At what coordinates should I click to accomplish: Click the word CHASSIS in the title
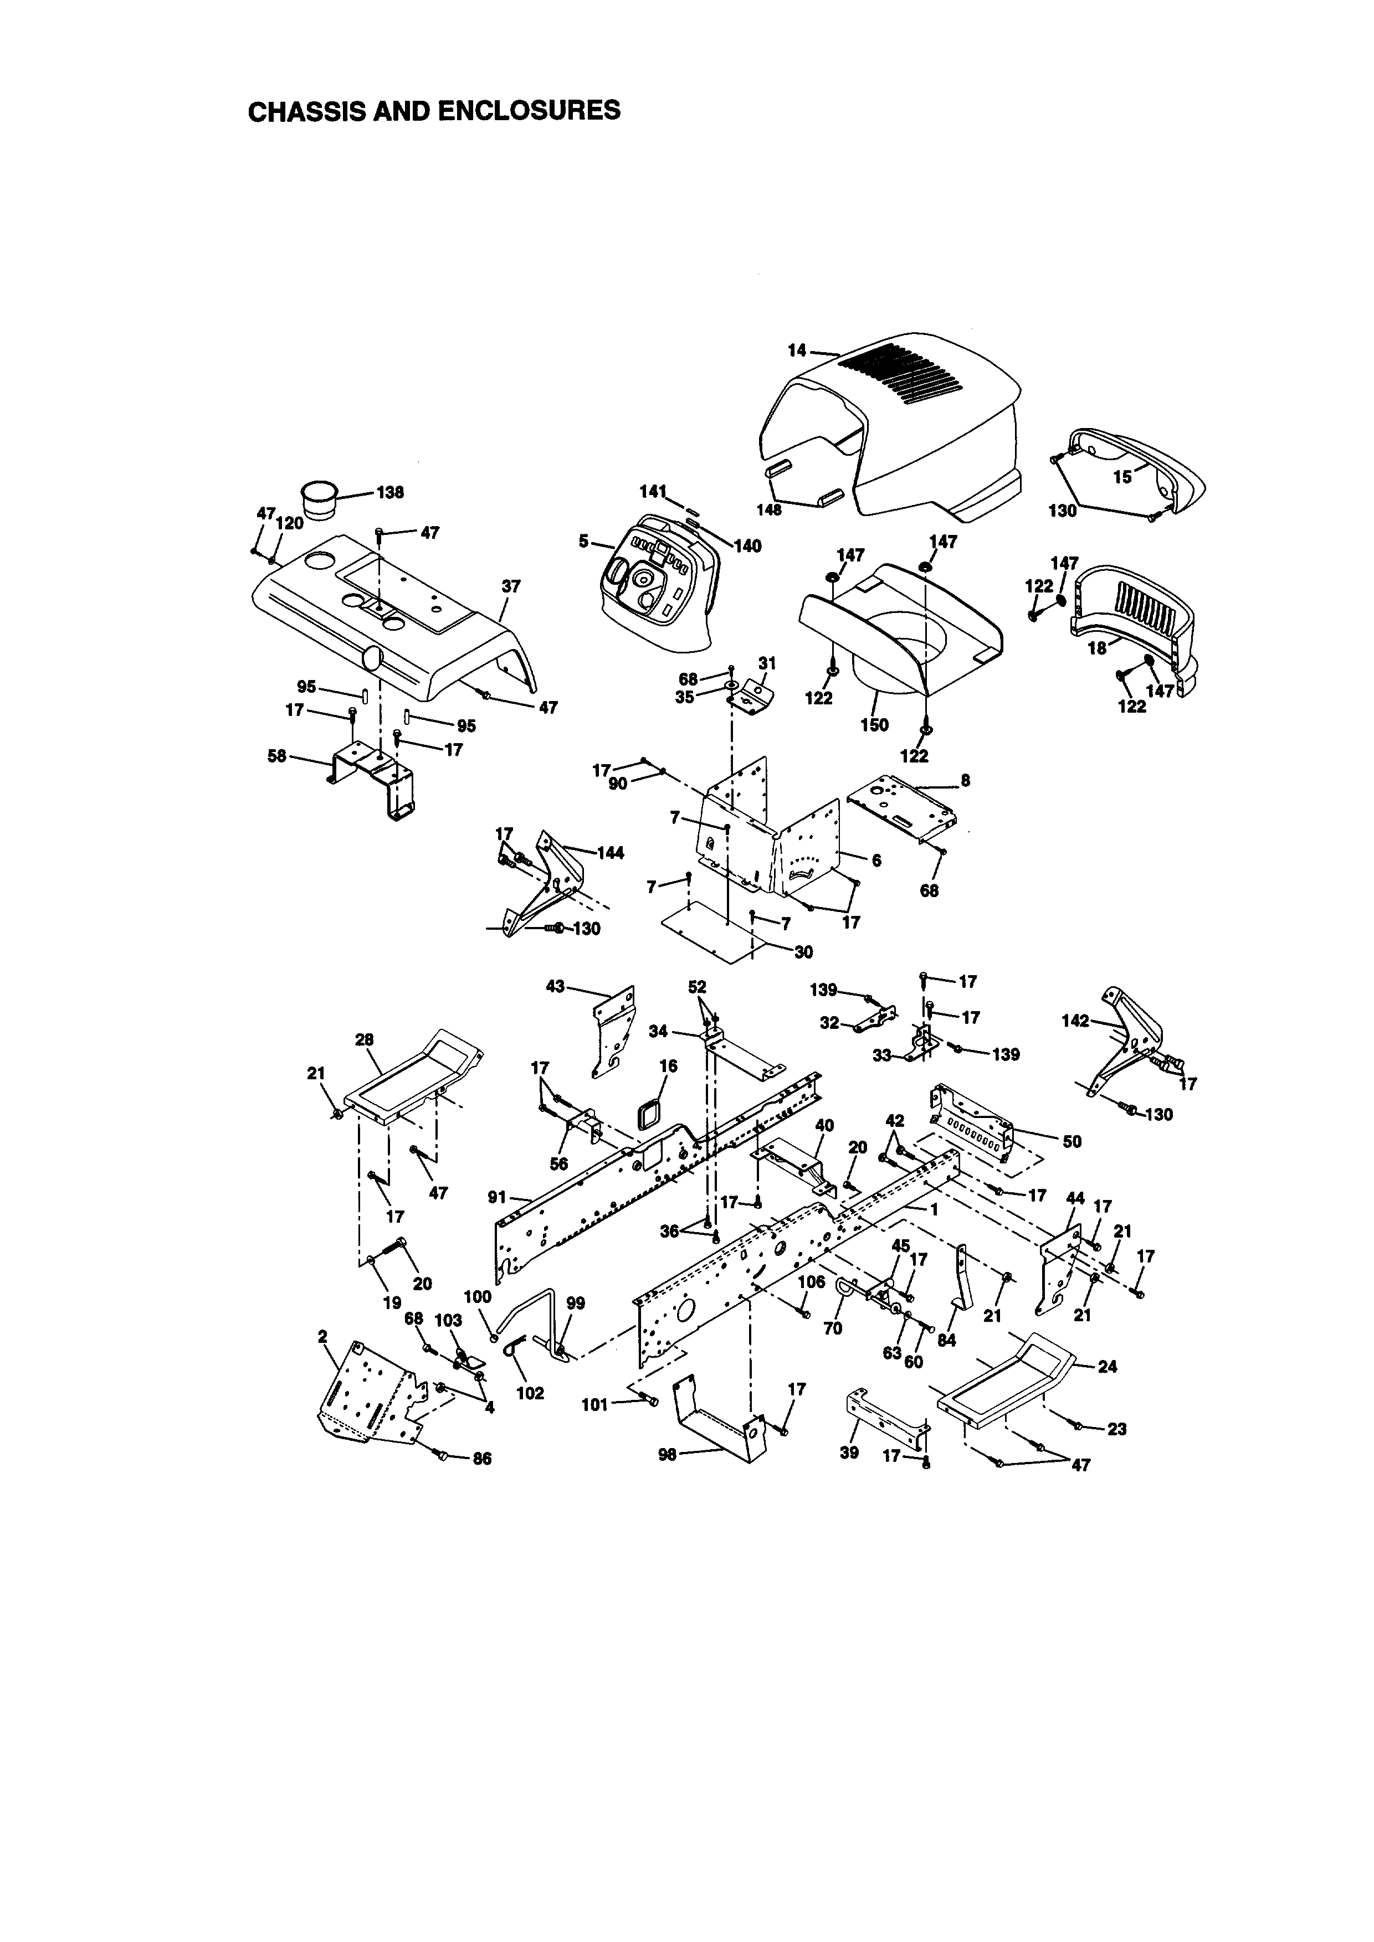(x=305, y=111)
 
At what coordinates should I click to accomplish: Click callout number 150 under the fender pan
(x=875, y=725)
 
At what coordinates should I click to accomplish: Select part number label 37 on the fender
(x=511, y=585)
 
